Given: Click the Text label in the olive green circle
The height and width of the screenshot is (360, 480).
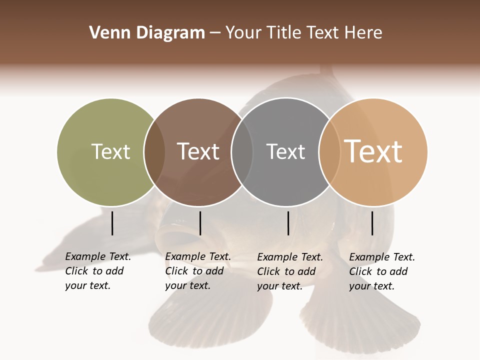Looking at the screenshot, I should pyautogui.click(x=110, y=151).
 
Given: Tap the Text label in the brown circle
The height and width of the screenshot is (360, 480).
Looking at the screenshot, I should pyautogui.click(x=198, y=151).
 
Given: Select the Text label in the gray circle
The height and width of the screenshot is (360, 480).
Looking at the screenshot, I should pyautogui.click(x=285, y=151).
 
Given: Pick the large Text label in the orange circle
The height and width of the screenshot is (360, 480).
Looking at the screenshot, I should pyautogui.click(x=373, y=151).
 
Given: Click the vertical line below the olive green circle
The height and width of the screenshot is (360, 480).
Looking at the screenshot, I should pyautogui.click(x=112, y=223).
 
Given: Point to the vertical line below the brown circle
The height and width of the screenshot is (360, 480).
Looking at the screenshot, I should pyautogui.click(x=200, y=223).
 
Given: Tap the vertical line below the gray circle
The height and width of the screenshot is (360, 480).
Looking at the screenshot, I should pyautogui.click(x=288, y=223).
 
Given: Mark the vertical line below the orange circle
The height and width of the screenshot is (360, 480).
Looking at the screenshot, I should pyautogui.click(x=372, y=223).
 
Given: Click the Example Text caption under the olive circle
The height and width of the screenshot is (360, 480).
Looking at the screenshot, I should pyautogui.click(x=98, y=271).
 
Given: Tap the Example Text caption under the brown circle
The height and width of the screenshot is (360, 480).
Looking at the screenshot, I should pyautogui.click(x=198, y=271).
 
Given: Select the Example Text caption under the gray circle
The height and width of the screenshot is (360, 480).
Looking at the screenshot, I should pyautogui.click(x=290, y=271).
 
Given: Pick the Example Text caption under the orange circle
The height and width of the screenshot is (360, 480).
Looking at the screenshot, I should pyautogui.click(x=382, y=271).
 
